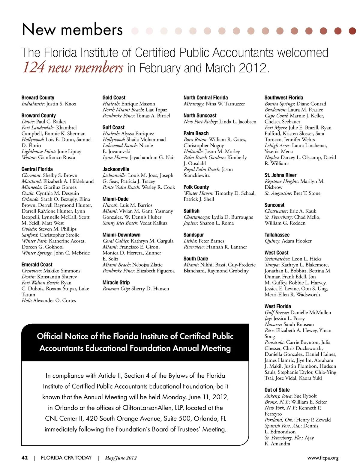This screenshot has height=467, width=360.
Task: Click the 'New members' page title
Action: click(72, 30)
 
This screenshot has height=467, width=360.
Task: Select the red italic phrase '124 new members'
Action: click(73, 67)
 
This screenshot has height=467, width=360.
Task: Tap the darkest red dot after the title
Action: click(352, 31)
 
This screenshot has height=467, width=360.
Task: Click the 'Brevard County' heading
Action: click(38, 98)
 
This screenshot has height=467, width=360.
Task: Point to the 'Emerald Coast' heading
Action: click(37, 265)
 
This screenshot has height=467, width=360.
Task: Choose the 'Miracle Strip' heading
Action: click(116, 283)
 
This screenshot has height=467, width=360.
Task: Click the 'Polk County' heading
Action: click(196, 187)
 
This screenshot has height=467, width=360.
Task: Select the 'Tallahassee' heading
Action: click(277, 235)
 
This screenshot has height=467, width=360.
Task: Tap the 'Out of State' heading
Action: click(277, 390)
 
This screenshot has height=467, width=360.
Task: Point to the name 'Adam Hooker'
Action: click(297, 241)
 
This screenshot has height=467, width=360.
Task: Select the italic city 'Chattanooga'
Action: click(197, 217)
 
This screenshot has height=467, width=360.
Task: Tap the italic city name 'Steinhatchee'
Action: click(277, 259)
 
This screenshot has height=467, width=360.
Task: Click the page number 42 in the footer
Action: click(25, 458)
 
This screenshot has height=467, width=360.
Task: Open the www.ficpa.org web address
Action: click(323, 458)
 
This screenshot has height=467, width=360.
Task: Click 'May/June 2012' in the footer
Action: click(121, 458)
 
